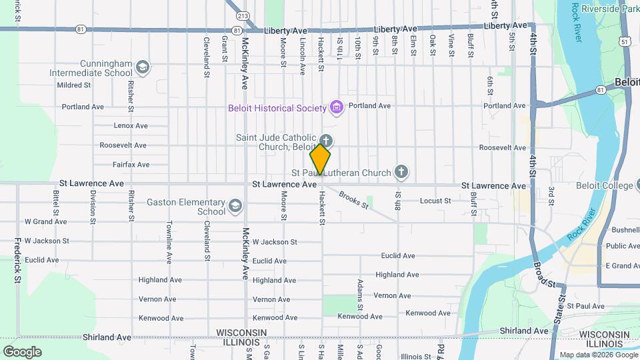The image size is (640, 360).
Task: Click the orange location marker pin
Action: coord(320,159)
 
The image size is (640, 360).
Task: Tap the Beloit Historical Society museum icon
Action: coord(337,107)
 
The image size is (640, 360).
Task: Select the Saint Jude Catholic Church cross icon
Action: coord(326,141)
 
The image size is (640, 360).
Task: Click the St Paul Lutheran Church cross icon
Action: coord(401,173)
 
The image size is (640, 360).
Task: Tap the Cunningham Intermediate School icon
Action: coord(142,67)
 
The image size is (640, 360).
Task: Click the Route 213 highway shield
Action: coord(243,15)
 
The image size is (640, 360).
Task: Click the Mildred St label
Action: coord(73,85)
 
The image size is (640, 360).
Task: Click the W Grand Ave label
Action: coord(45,221)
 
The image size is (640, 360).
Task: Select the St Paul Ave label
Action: coord(585,306)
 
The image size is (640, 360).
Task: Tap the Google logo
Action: coord(22,351)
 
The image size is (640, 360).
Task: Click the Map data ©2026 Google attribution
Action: coord(598,354)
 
